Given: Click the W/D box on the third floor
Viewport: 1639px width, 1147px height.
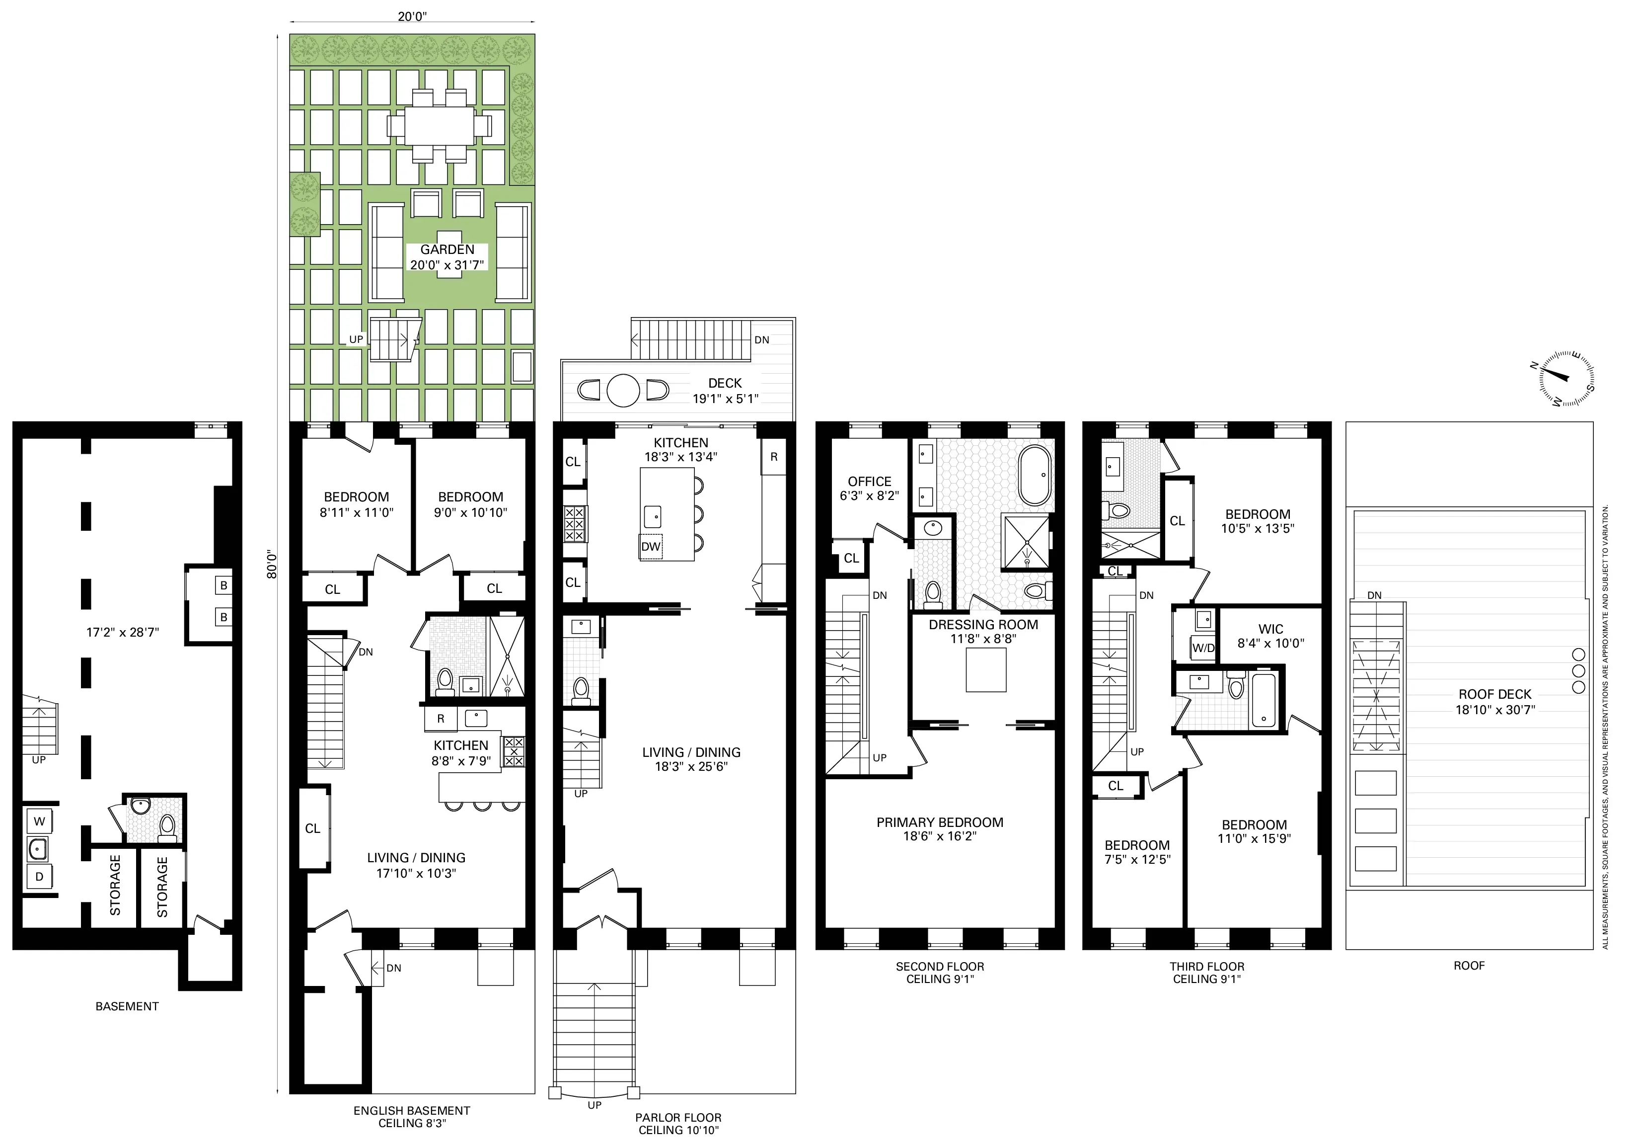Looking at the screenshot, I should (x=1203, y=648).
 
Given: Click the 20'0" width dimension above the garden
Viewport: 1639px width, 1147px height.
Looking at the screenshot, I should (x=412, y=16).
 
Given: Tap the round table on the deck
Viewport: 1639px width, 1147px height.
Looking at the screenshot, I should (x=623, y=391).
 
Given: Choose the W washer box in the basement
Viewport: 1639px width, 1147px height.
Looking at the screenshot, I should (x=39, y=821).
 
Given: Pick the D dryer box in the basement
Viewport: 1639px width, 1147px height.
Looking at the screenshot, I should (x=39, y=876).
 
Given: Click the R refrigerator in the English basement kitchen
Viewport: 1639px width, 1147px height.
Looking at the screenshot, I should (x=441, y=719).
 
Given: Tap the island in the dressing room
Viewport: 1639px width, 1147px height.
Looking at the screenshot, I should (x=986, y=672).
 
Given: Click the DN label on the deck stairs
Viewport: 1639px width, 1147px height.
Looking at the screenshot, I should (x=762, y=340).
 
